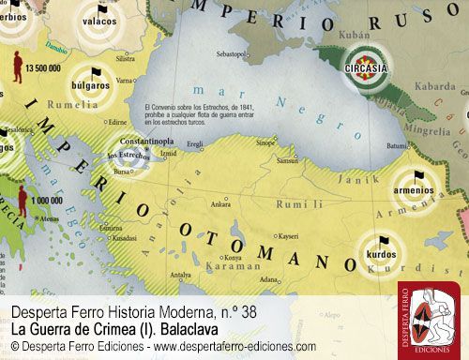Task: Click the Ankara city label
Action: click(x=220, y=203)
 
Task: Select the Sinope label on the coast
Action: click(x=266, y=143)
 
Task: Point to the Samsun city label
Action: click(x=288, y=161)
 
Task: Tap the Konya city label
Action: click(x=232, y=257)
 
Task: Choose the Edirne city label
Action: click(x=116, y=121)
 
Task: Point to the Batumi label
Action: click(x=398, y=145)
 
